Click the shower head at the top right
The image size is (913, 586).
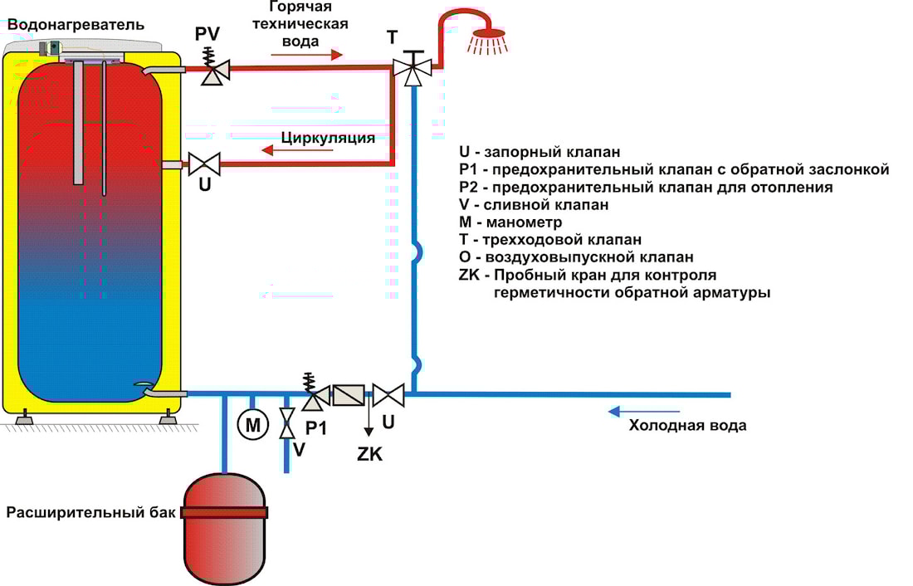click(x=486, y=37)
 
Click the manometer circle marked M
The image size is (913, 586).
click(x=253, y=427)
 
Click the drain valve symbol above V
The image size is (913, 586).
click(x=287, y=423)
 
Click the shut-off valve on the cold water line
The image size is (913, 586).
click(x=388, y=395)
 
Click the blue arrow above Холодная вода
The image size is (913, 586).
click(x=644, y=411)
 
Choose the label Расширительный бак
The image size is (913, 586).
click(x=91, y=511)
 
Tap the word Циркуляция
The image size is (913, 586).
click(x=328, y=137)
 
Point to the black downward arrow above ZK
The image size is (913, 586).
click(x=369, y=422)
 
